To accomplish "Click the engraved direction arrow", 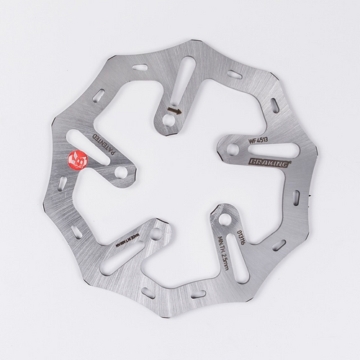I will pos(173,111).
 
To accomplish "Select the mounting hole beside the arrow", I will pos(167,122).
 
